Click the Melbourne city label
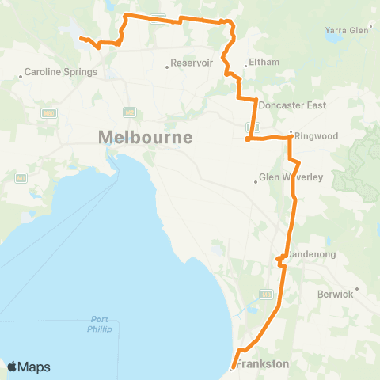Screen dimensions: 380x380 pyautogui.click(x=145, y=138)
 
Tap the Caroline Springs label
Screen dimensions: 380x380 pyautogui.click(x=60, y=72)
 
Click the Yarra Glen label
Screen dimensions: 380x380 pyautogui.click(x=348, y=30)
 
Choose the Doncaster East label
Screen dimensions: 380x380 pyautogui.click(x=292, y=104)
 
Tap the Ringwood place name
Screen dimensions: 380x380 pyautogui.click(x=317, y=136)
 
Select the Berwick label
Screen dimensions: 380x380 pyautogui.click(x=335, y=294)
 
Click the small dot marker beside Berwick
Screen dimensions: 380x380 pyautogui.click(x=357, y=289)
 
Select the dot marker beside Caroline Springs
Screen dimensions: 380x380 pyautogui.click(x=21, y=77)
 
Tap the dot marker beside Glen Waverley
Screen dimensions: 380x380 pyautogui.click(x=256, y=181)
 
